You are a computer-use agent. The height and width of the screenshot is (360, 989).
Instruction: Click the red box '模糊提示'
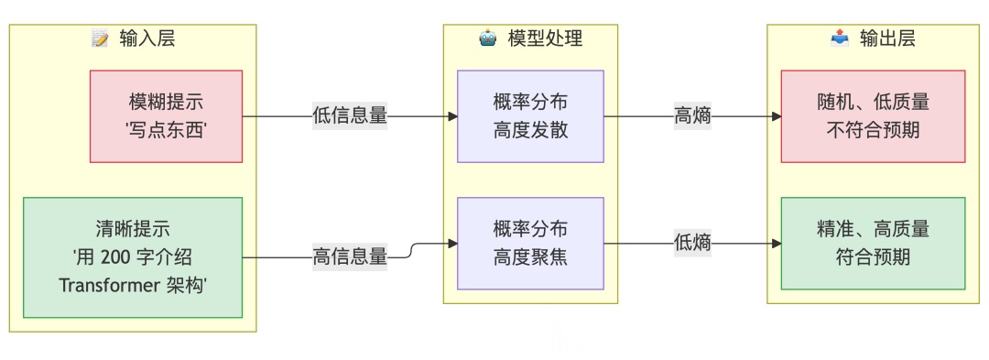tap(166, 116)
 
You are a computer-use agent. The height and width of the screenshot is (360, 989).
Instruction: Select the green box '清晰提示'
tap(133, 257)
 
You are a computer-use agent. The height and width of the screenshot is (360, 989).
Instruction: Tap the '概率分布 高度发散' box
tap(530, 116)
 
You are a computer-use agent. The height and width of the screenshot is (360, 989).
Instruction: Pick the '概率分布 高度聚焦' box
tap(530, 244)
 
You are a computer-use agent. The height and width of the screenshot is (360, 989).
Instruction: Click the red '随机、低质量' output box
tap(873, 116)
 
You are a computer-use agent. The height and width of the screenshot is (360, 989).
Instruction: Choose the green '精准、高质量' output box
tap(873, 244)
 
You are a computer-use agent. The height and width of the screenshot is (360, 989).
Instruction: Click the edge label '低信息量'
tap(350, 116)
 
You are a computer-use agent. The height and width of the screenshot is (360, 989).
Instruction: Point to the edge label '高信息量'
tap(350, 257)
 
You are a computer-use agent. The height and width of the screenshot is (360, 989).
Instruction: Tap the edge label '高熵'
tap(692, 116)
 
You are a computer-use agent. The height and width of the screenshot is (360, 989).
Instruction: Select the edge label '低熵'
tap(692, 244)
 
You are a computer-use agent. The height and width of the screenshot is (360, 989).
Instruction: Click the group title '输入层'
tap(147, 38)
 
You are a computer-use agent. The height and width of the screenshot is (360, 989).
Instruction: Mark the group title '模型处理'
tap(545, 38)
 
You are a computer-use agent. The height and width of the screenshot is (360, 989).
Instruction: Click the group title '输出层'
tap(887, 38)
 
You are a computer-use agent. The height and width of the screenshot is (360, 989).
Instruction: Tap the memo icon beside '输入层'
tap(101, 38)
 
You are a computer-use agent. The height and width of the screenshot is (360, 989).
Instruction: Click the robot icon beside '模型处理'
tap(488, 38)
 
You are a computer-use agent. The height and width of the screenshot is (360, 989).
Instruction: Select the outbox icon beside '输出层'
tap(840, 38)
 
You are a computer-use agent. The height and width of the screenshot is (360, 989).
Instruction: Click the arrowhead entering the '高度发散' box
tap(451, 116)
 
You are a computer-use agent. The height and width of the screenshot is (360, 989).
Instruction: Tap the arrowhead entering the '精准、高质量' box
tap(776, 244)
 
